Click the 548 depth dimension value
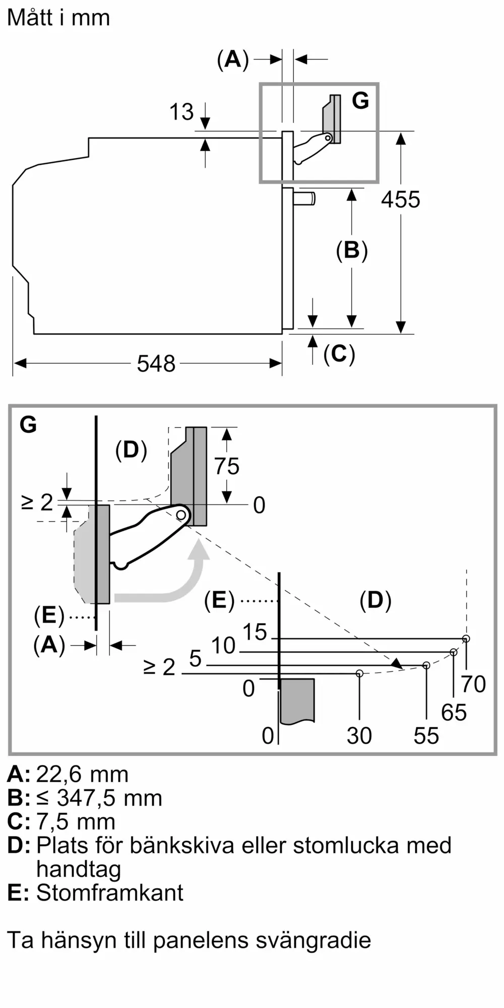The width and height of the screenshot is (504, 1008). [156, 363]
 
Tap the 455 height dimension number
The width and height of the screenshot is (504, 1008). [401, 200]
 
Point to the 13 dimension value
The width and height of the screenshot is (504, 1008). [181, 112]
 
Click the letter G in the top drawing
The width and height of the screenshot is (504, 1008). [361, 100]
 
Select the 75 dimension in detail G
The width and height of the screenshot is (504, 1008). [227, 466]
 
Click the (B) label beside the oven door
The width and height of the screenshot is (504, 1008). [352, 250]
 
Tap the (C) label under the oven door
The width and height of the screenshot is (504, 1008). [339, 354]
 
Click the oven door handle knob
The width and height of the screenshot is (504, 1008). [304, 199]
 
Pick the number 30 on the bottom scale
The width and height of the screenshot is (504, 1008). [359, 736]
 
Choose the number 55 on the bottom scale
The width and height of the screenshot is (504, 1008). [426, 736]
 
